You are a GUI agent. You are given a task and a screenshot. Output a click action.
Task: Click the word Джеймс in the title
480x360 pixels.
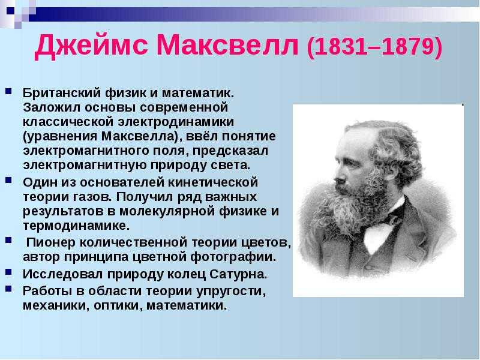click(91, 46)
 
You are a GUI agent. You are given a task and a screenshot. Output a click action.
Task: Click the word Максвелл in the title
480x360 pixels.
click(227, 46)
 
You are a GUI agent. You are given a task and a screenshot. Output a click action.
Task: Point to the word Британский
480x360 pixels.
click(62, 93)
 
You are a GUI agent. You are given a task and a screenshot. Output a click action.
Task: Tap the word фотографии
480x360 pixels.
click(233, 257)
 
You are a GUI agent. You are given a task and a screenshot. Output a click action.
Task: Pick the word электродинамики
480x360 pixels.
click(176, 122)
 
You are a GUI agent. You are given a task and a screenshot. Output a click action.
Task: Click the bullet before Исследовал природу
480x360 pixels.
click(8, 272)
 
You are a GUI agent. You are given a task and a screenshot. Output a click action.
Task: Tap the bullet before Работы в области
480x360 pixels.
click(8, 289)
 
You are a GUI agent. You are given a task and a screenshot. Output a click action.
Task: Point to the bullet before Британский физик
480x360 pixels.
click(8, 91)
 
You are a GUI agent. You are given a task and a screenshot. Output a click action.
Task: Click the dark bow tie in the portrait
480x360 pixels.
click(389, 219)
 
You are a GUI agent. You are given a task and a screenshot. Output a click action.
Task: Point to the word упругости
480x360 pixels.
click(231, 292)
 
